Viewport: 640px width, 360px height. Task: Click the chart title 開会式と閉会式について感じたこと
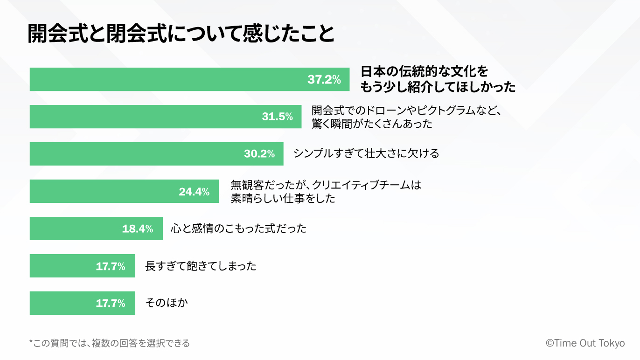point(181,34)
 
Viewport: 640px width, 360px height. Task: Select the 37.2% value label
point(324,80)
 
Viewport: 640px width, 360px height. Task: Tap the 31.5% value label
point(277,117)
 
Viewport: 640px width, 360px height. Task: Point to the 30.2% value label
point(259,154)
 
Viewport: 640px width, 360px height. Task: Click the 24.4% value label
point(194,192)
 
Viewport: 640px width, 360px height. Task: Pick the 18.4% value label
point(138,229)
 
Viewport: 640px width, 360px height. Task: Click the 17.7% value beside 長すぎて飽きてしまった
point(111,266)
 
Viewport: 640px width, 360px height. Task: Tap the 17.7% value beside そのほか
point(111,304)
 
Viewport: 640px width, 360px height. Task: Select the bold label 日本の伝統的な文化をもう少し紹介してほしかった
point(438,79)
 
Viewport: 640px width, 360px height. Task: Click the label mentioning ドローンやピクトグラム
point(408,117)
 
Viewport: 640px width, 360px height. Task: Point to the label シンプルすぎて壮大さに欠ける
point(366,153)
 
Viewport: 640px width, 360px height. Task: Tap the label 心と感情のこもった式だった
point(238,228)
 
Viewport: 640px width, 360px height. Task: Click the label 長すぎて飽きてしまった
point(201,266)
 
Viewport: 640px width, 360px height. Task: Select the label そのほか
point(167,303)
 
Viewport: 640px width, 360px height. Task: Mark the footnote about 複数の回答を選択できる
point(110,344)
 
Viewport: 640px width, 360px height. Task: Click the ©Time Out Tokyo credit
point(585,343)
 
